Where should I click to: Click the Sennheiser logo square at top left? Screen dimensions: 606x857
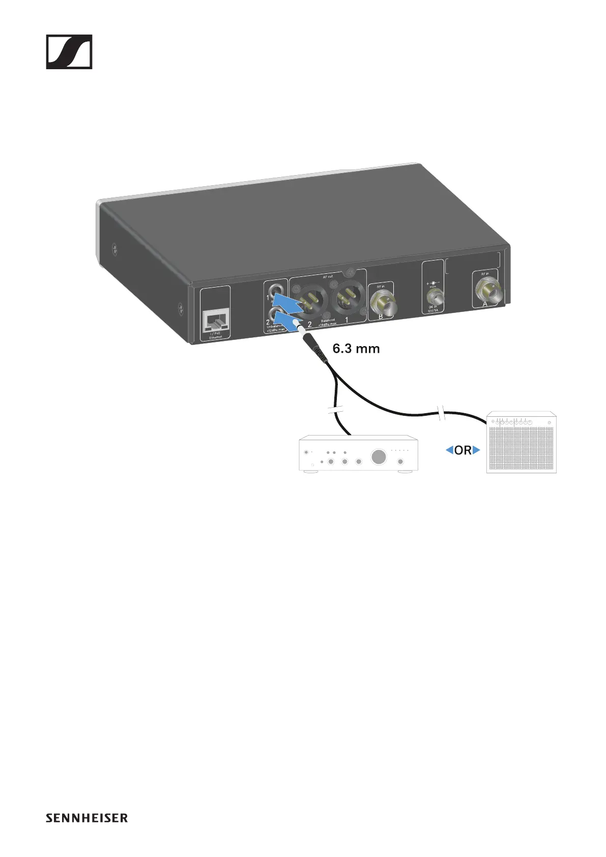[x=69, y=51]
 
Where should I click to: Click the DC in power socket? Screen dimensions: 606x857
[x=434, y=296]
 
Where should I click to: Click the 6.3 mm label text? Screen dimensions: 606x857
[x=356, y=349]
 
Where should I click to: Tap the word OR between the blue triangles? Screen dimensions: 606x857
[x=463, y=450]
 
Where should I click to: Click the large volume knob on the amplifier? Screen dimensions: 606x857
[x=379, y=456]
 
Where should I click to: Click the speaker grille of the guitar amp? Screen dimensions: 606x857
[x=521, y=448]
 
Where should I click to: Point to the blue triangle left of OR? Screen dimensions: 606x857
[x=449, y=450]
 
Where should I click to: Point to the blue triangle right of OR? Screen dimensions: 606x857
[x=476, y=450]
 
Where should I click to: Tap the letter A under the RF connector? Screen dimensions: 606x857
[x=485, y=304]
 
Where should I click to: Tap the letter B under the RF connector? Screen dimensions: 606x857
[x=381, y=317]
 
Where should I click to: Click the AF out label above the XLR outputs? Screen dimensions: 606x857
[x=328, y=277]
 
